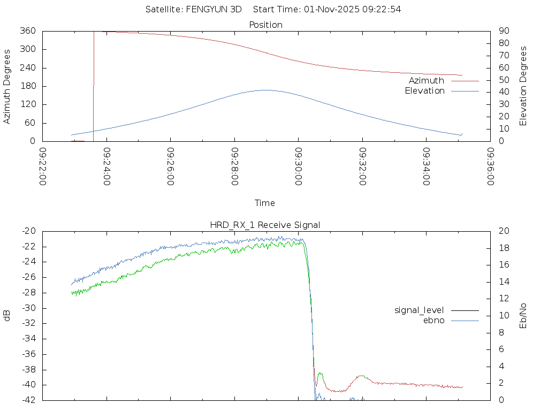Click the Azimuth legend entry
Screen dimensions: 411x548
427,80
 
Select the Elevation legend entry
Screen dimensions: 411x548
424,91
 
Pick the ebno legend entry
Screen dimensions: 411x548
433,320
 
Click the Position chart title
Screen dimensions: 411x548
266,25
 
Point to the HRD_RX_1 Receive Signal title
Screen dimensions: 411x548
266,225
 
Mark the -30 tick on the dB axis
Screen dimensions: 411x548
29,308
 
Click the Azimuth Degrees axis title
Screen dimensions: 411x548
7,86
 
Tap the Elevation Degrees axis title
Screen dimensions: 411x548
523,86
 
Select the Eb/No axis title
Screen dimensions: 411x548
523,316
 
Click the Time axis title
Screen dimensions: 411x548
265,203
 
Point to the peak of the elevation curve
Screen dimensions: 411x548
266,90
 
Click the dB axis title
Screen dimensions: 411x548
7,316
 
